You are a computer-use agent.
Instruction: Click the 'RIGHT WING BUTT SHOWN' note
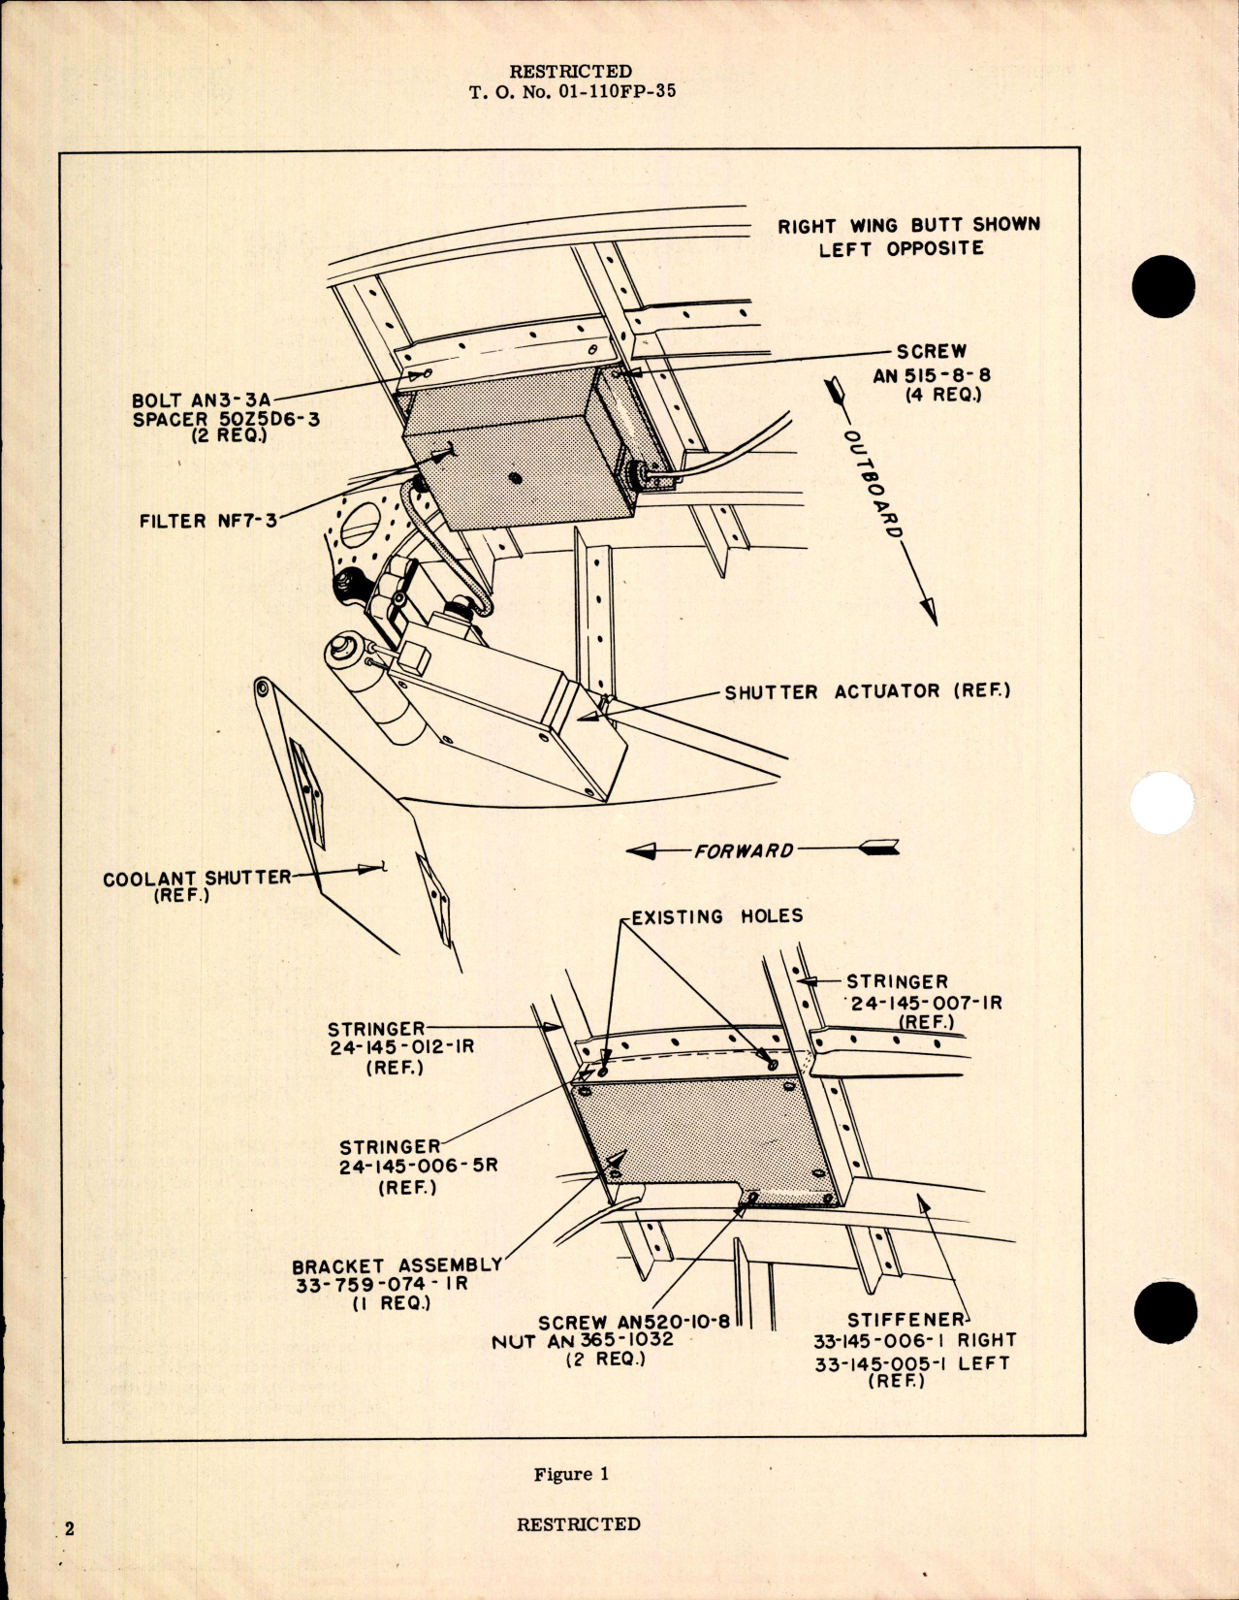click(x=908, y=225)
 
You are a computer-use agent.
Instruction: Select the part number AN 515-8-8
click(x=931, y=375)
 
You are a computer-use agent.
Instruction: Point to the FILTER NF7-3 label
click(x=207, y=521)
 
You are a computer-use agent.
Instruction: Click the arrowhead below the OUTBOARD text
click(x=928, y=611)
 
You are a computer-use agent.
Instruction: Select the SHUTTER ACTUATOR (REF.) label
click(x=867, y=691)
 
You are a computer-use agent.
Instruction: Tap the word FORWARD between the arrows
click(x=744, y=850)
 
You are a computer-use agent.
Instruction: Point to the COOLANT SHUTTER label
click(x=197, y=878)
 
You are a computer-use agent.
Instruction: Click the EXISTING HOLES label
click(x=716, y=916)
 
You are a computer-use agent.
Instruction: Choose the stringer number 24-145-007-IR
click(x=926, y=1002)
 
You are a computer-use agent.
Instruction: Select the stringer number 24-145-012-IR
click(x=401, y=1048)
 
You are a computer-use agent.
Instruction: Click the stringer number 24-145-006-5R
click(x=418, y=1167)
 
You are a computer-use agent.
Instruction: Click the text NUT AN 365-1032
click(x=582, y=1340)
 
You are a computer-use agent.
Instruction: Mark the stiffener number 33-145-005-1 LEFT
click(x=911, y=1362)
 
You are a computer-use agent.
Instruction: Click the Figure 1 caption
click(x=571, y=1474)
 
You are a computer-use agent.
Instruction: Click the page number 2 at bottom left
click(x=69, y=1529)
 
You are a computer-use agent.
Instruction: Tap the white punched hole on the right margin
click(x=1162, y=804)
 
